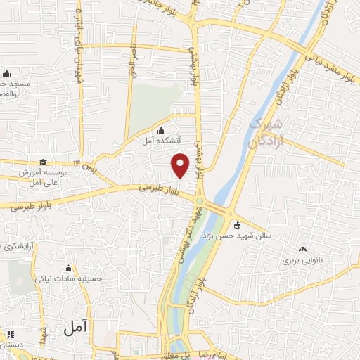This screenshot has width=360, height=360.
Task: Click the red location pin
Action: click(x=181, y=164)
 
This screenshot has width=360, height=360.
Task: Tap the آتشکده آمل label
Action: click(x=158, y=141)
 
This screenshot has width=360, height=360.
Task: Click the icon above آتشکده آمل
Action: click(x=162, y=130)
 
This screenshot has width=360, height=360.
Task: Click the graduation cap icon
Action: click(x=43, y=162)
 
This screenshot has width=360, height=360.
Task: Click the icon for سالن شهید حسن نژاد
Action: click(x=237, y=226)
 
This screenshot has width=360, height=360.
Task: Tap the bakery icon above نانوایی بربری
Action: click(x=302, y=248)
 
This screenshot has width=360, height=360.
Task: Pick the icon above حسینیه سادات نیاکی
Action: click(x=68, y=268)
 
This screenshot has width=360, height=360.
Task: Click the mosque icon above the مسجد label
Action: click(x=6, y=73)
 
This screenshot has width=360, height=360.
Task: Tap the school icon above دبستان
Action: click(x=10, y=333)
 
